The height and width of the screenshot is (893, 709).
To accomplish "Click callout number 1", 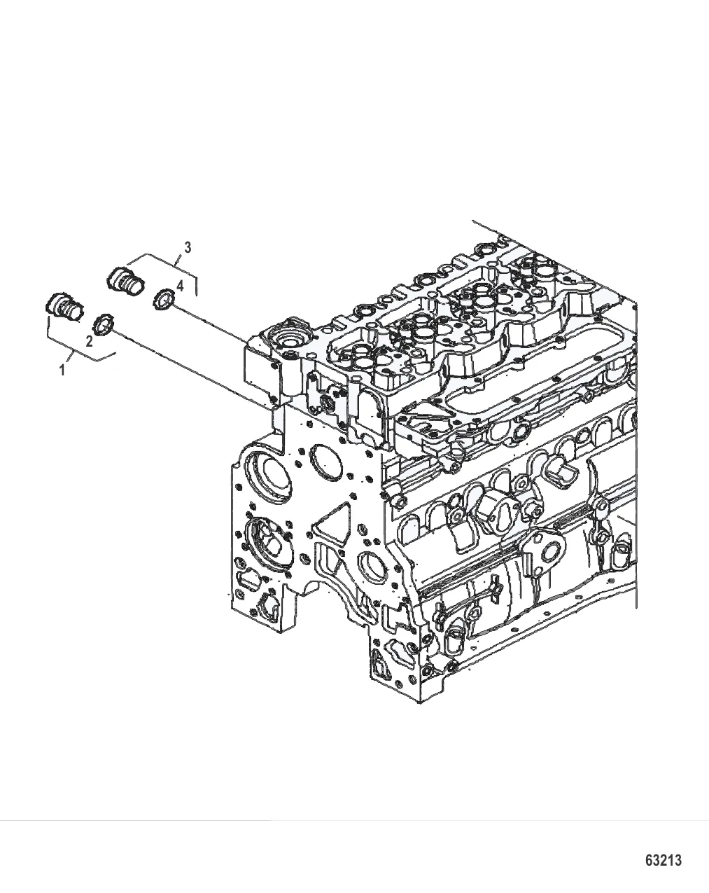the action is click(62, 369).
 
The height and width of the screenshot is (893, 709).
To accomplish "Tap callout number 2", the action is click(89, 342).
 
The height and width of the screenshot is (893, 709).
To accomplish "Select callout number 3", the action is click(188, 248).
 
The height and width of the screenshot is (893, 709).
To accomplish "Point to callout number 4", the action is click(179, 285).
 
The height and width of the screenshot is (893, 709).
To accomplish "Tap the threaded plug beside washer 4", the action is click(126, 281).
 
